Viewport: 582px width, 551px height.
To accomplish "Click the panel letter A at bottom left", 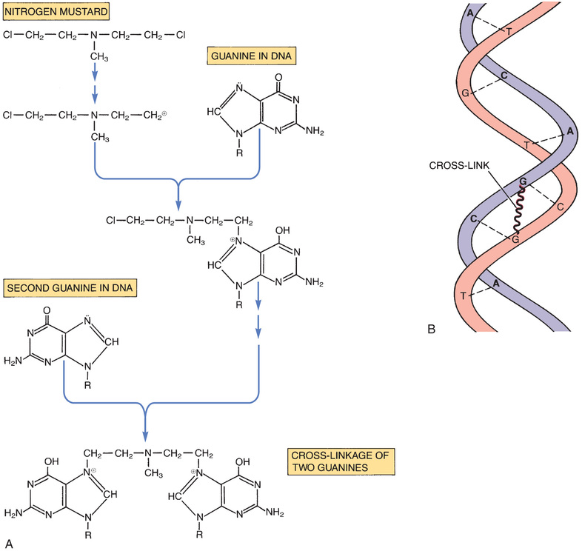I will (x=9, y=543).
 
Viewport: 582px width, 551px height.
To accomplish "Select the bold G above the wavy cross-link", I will (x=524, y=181).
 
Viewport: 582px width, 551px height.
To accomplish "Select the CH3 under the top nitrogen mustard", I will (x=99, y=56).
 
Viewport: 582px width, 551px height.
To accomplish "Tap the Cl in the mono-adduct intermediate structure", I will (x=113, y=220).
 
